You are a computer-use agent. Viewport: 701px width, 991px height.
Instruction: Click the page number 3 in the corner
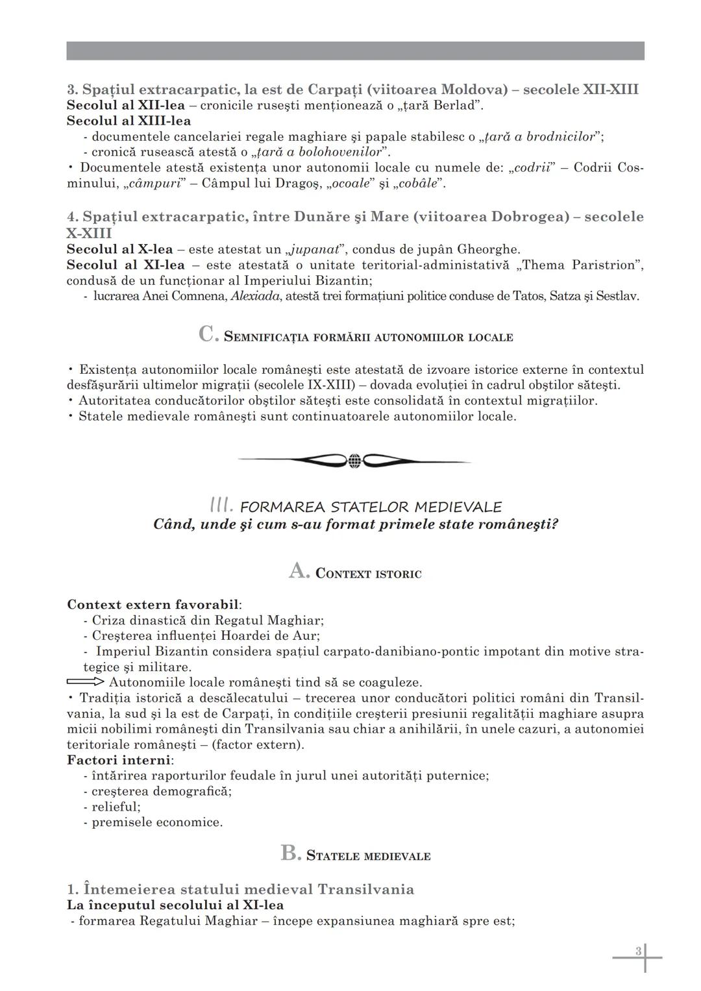[x=638, y=951]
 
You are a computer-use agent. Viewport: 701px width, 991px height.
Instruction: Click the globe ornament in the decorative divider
[x=354, y=461]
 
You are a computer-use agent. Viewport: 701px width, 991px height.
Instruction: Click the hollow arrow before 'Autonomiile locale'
[x=85, y=682]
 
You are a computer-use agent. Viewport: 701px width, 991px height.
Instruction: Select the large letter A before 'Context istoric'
[x=299, y=571]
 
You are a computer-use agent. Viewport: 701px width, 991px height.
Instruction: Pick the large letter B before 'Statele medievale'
[x=290, y=853]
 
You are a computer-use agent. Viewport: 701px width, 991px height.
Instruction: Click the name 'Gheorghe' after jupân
[x=488, y=249]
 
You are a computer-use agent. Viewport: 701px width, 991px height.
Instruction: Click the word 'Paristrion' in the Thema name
[x=603, y=265]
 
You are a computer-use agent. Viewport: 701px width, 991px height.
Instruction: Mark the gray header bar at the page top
[x=355, y=51]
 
